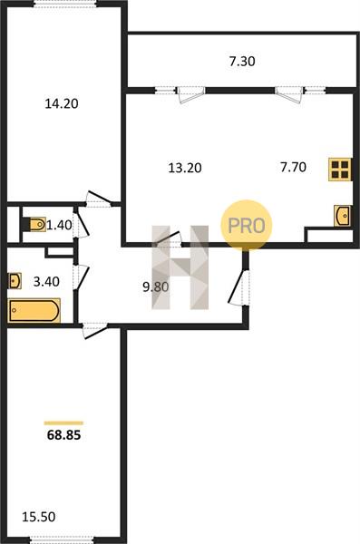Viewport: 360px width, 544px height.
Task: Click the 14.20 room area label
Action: (62, 103)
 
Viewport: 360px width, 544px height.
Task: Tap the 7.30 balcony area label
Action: (242, 61)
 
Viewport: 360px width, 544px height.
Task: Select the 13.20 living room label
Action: (185, 168)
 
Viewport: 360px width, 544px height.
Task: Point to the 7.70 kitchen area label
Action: (293, 167)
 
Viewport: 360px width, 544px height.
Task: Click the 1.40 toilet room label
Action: (59, 225)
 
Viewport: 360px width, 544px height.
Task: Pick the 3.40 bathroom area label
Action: (46, 281)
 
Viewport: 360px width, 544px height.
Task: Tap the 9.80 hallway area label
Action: (156, 287)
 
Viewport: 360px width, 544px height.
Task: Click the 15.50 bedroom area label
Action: (38, 517)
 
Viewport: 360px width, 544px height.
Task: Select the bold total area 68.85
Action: (63, 434)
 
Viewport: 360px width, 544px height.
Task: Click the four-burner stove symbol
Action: (340, 170)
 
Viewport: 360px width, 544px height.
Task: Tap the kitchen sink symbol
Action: (342, 216)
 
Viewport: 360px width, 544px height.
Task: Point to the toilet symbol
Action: (35, 225)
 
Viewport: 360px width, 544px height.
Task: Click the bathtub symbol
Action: (34, 310)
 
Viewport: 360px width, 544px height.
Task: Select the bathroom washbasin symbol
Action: (15, 281)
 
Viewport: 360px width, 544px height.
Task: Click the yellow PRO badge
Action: (247, 225)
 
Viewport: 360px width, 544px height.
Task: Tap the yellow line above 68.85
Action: (63, 423)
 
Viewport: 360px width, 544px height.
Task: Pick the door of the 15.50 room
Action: (94, 331)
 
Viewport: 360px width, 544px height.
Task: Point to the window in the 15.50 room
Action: (62, 539)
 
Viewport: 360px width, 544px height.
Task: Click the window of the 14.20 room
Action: (65, 5)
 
